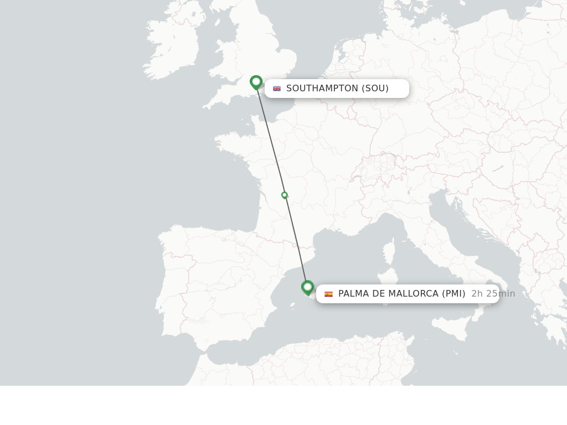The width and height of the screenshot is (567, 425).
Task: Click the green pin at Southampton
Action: click(x=256, y=82)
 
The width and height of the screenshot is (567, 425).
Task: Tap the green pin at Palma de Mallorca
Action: click(x=308, y=287)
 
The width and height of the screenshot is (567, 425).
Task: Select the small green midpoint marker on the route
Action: click(x=285, y=195)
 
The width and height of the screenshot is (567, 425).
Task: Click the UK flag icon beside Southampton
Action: click(x=277, y=89)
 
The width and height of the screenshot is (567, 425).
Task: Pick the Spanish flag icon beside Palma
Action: click(x=328, y=294)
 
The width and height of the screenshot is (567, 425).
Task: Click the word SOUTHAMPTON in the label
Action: click(x=322, y=89)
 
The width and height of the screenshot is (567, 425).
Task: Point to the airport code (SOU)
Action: click(x=375, y=89)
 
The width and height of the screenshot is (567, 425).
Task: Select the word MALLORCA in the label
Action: click(x=412, y=294)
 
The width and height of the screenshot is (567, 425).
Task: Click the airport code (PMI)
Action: click(x=453, y=294)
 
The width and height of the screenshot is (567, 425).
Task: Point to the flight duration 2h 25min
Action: click(x=493, y=294)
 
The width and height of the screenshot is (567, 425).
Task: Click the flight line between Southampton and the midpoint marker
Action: click(x=270, y=141)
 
